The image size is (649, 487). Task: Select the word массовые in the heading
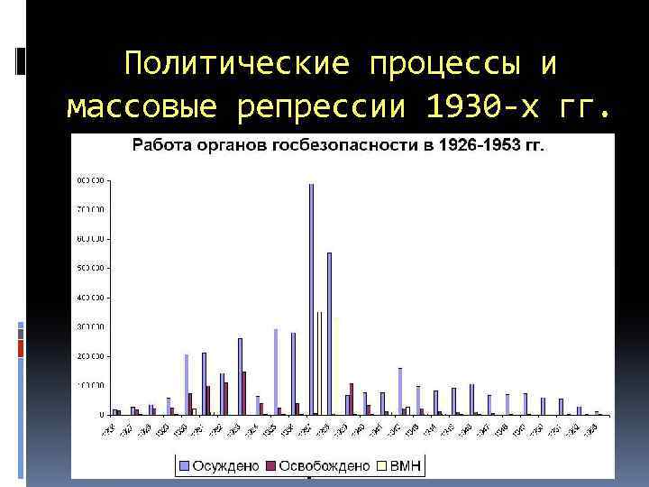[x=143, y=107]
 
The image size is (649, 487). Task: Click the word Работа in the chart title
[x=160, y=145]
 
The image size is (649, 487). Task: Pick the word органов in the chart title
[x=224, y=145]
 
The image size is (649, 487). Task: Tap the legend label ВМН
[x=405, y=466]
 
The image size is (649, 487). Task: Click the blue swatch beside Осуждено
[x=184, y=466]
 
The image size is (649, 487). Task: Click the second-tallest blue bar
[x=329, y=334]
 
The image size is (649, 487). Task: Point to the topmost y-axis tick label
[x=91, y=180]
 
